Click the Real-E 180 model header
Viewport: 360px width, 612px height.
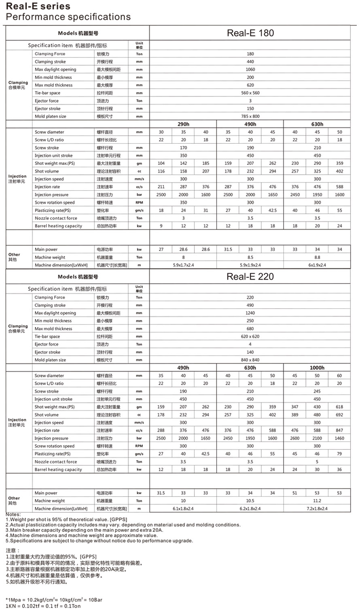pyautogui.click(x=250, y=33)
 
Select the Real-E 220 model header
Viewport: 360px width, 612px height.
pyautogui.click(x=250, y=276)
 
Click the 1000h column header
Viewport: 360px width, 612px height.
pyautogui.click(x=317, y=368)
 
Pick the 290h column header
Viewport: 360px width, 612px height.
pyautogui.click(x=183, y=124)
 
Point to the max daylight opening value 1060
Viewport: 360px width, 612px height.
pyautogui.click(x=250, y=70)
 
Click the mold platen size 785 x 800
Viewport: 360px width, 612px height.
pyautogui.click(x=250, y=117)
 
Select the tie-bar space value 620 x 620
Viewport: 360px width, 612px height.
pyautogui.click(x=250, y=336)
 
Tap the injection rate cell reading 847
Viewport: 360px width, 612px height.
pyautogui.click(x=339, y=431)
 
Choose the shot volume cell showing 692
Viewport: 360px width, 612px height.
pyautogui.click(x=339, y=415)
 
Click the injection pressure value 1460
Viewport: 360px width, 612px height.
pyautogui.click(x=339, y=438)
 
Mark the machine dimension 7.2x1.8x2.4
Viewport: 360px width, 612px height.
pyautogui.click(x=317, y=509)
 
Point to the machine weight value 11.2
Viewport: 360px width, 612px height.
pyautogui.click(x=317, y=501)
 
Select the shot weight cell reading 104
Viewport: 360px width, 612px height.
pyautogui.click(x=161, y=164)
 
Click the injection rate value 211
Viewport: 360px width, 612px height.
pyautogui.click(x=161, y=187)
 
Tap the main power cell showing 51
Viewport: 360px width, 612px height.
pyautogui.click(x=294, y=493)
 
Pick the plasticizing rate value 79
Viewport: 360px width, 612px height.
pyautogui.click(x=339, y=454)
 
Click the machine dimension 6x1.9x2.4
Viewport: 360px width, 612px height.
pyautogui.click(x=317, y=265)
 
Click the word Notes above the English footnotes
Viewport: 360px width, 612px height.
pyautogui.click(x=13, y=514)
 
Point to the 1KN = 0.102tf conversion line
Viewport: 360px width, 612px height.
pyautogui.click(x=43, y=606)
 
